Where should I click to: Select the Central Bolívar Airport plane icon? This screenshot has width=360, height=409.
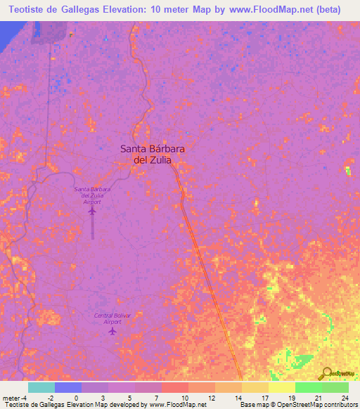pyautogui.click(x=112, y=331)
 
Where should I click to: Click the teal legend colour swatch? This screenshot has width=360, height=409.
pyautogui.click(x=41, y=387)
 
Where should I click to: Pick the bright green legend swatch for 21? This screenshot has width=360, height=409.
pyautogui.click(x=309, y=387)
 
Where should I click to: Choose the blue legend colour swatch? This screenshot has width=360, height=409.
pyautogui.click(x=68, y=387)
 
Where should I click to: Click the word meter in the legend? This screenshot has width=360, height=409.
pyautogui.click(x=11, y=397)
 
